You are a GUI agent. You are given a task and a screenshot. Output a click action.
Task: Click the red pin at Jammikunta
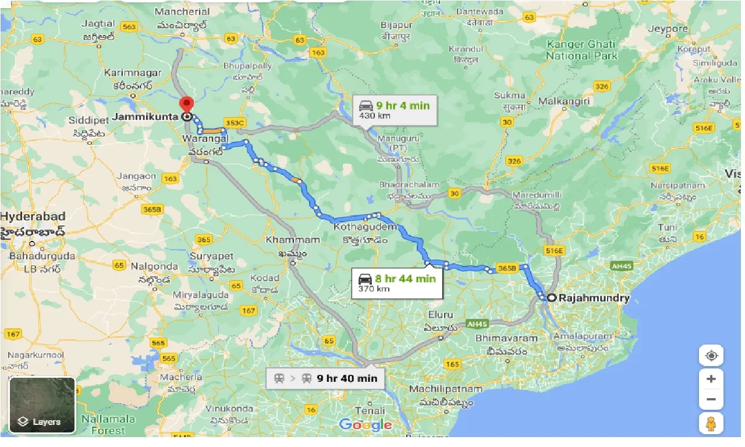click(187, 105)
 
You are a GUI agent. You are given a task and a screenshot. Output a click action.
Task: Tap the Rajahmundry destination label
click(594, 298)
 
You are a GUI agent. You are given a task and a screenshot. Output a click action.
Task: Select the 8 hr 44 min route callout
click(397, 283)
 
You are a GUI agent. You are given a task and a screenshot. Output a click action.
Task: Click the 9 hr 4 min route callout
click(395, 110)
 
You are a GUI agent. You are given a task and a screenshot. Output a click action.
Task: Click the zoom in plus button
click(711, 379)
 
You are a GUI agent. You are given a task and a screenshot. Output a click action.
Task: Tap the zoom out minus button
click(711, 399)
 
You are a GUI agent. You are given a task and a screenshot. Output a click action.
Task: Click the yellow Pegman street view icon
click(711, 424)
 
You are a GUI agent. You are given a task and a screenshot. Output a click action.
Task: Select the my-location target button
click(711, 355)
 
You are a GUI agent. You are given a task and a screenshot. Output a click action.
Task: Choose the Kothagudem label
click(365, 226)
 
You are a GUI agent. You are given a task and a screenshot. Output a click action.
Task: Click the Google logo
click(366, 424)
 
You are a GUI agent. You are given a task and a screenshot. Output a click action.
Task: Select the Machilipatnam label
click(446, 389)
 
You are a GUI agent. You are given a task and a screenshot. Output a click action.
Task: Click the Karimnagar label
click(132, 73)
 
